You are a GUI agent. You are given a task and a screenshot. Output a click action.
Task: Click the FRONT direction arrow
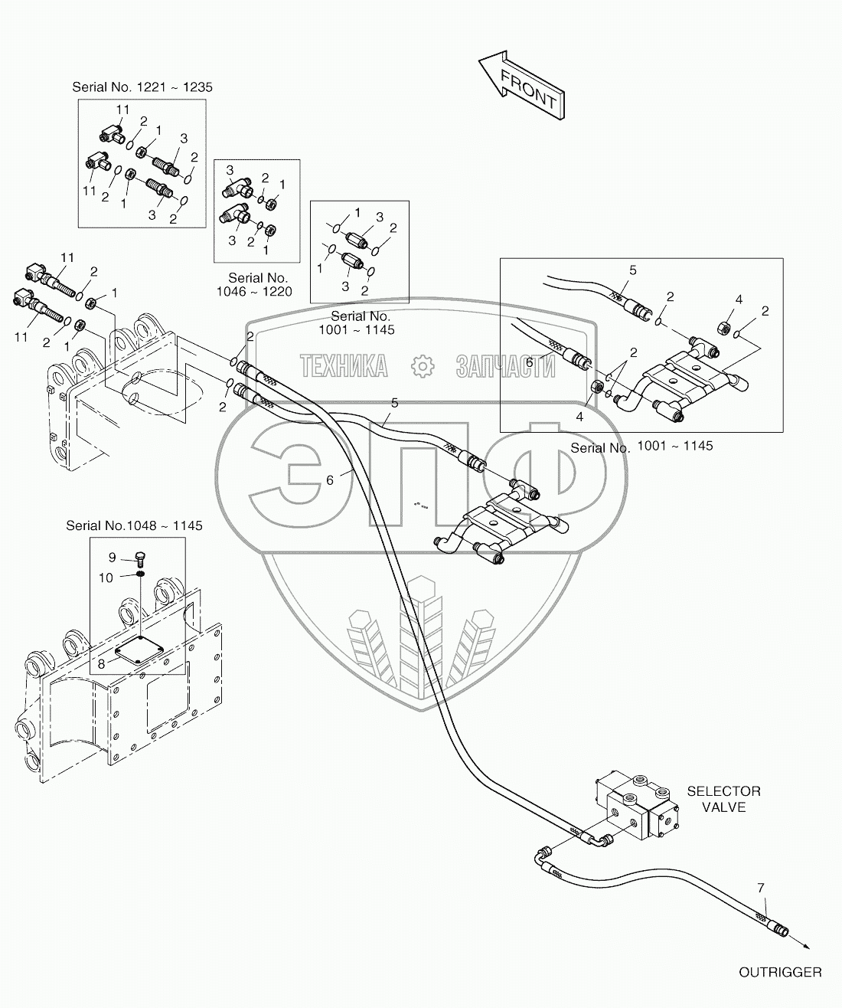(521, 86)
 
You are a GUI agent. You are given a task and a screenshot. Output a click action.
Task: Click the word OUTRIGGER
(779, 972)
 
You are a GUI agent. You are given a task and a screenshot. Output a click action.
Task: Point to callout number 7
(760, 889)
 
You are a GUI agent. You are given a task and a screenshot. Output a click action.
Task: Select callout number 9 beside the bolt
(112, 558)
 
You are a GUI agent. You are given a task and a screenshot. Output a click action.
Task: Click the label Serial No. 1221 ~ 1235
(142, 87)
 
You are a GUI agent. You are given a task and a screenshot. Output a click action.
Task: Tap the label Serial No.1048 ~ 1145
(134, 525)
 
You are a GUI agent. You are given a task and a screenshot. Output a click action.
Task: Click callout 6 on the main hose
(330, 480)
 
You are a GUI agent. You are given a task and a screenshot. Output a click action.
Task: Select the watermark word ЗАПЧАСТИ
(504, 367)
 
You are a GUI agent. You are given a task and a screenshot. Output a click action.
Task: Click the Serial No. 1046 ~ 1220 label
(259, 284)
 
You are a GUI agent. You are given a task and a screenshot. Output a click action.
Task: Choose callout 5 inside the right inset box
(632, 270)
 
